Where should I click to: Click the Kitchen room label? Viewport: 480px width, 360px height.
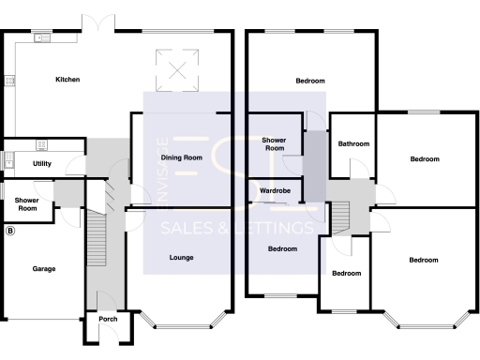coord(67,80)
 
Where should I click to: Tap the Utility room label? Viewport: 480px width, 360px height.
coord(41,163)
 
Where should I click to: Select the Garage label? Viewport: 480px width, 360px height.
coord(44,269)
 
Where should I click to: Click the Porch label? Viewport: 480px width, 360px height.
coord(108,319)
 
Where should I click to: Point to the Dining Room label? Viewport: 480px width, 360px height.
coord(182,157)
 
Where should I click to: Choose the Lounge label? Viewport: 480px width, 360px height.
coord(182,257)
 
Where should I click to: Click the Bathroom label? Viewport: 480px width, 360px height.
coord(353,144)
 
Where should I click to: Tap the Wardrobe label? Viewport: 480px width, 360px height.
coord(275,191)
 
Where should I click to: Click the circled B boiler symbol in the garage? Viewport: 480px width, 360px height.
coord(11,231)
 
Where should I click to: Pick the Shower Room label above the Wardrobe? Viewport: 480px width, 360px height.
coord(274,143)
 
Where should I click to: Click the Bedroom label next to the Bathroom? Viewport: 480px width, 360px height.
coord(425,159)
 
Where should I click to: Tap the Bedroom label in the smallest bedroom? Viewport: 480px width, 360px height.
coord(347,274)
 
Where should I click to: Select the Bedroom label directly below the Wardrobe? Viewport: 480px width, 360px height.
coord(282,249)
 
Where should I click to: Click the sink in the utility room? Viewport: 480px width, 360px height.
coord(40,144)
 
